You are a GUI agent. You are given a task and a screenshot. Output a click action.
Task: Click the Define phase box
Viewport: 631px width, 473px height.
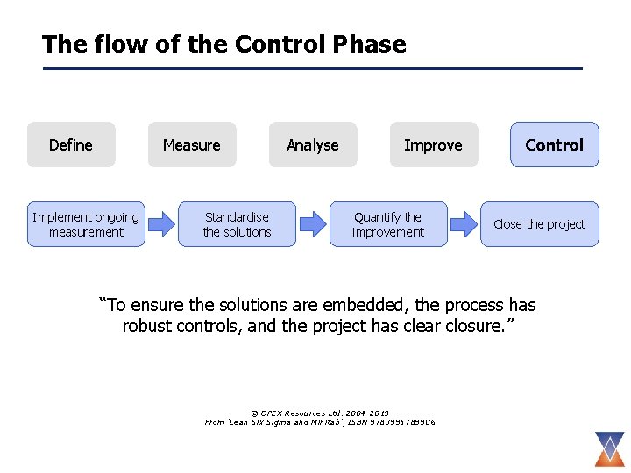pyautogui.click(x=71, y=145)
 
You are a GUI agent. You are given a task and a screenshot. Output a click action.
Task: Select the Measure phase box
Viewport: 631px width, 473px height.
pyautogui.click(x=192, y=145)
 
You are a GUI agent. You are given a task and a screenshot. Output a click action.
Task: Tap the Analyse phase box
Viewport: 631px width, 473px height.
pyautogui.click(x=313, y=145)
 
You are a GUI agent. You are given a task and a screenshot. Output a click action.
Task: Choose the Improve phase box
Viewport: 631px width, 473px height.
pyautogui.click(x=433, y=145)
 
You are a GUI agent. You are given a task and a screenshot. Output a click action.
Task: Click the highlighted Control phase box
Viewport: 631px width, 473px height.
pyautogui.click(x=555, y=145)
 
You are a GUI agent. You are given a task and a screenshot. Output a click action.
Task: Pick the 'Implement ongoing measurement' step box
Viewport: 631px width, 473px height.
pyautogui.click(x=86, y=224)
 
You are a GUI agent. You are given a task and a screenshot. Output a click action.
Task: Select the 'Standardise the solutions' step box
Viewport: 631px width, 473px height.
pyautogui.click(x=237, y=224)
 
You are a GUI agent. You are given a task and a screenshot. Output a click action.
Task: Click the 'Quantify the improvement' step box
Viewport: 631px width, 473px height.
pyautogui.click(x=388, y=224)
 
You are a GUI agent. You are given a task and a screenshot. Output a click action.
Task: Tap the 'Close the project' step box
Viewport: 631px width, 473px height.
pyautogui.click(x=539, y=224)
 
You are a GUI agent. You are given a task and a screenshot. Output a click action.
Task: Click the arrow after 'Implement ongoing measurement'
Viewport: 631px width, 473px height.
pyautogui.click(x=161, y=224)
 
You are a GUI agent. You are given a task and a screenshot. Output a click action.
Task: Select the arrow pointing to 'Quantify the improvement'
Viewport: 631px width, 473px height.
pyautogui.click(x=312, y=224)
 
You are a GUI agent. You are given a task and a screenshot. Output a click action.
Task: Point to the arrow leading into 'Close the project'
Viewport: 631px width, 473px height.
pyautogui.click(x=463, y=224)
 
